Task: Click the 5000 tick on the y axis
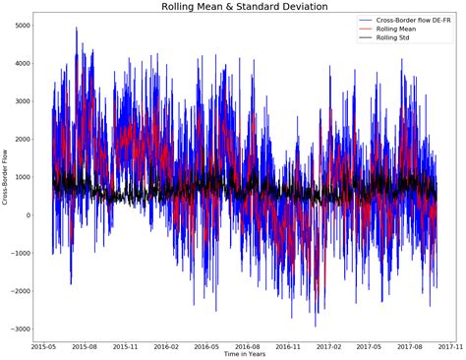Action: [x=20, y=25]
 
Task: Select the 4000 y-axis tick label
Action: [x=20, y=63]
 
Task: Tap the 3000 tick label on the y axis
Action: [x=20, y=101]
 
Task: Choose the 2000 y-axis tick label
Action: [x=20, y=139]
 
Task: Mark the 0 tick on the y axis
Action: [x=26, y=215]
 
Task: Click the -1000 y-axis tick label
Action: [x=18, y=253]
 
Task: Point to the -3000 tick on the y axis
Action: [x=18, y=329]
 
